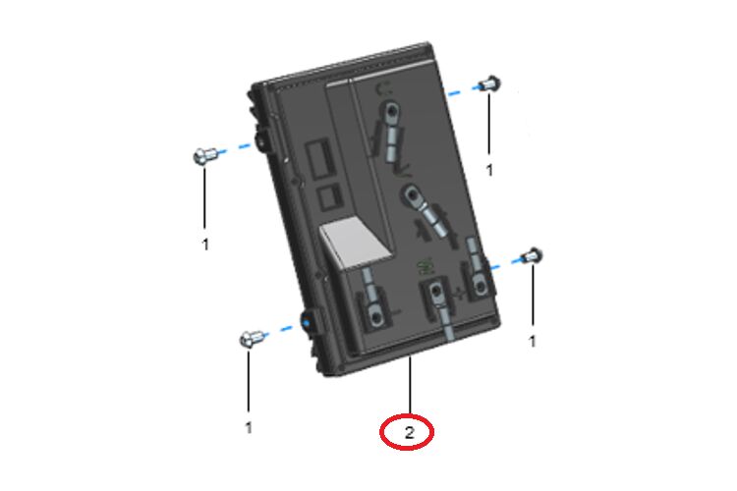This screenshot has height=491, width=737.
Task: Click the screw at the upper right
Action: point(490,83)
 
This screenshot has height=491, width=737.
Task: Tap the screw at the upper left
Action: point(204,154)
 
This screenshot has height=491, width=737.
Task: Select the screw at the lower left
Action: point(251,338)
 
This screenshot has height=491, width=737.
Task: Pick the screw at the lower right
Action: point(533,256)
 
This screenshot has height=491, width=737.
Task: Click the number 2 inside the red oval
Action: point(409,432)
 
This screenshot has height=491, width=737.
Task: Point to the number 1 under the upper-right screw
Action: point(489,170)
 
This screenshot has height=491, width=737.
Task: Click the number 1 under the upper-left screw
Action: point(205,245)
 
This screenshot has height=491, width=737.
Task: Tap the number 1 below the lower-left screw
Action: point(249,427)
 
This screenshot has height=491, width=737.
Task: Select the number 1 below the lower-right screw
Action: point(532,341)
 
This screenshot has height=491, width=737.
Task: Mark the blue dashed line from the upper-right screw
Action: point(464,90)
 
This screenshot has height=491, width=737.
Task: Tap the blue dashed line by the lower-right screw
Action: point(505,262)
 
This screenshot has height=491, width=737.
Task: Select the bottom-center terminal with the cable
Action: point(438,305)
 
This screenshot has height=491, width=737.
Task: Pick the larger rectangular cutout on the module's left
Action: point(319,159)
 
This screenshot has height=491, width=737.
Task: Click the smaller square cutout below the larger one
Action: point(329,196)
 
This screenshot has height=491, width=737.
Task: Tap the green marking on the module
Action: point(425,267)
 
